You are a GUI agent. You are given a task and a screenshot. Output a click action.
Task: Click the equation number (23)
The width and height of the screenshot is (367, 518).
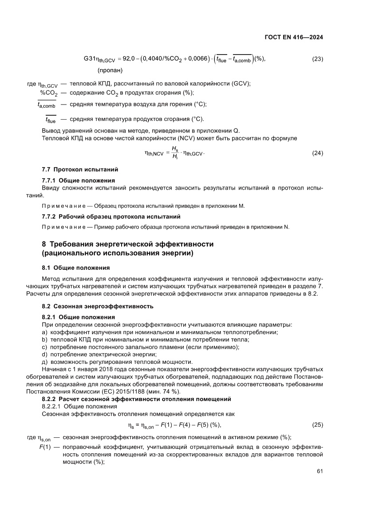318,59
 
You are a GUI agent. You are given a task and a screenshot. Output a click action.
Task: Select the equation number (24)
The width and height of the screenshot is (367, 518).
318,153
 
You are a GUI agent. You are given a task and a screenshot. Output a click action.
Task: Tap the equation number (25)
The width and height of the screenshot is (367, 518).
318,425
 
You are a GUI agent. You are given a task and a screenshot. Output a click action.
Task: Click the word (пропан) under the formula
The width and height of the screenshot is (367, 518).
110,70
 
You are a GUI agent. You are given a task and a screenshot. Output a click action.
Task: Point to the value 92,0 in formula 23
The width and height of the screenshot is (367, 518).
129,59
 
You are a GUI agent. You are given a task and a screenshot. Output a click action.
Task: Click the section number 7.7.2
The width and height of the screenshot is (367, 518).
48,217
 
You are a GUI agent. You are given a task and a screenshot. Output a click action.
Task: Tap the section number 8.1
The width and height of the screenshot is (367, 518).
47,268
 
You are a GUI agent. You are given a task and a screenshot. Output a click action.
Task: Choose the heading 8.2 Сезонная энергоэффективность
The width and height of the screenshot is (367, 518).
98,306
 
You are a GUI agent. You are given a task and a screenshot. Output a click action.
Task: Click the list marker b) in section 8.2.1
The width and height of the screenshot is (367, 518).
44,339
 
